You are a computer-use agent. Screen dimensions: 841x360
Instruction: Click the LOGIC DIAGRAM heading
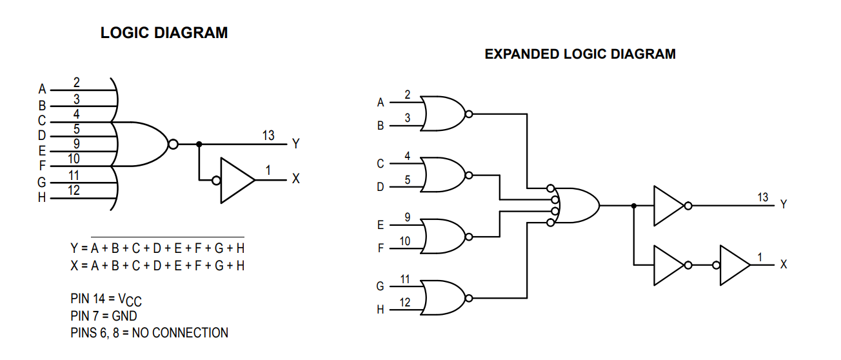[164, 33]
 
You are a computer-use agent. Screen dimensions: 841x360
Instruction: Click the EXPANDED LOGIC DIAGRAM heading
[580, 54]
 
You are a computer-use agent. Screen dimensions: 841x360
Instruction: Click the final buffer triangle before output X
[734, 265]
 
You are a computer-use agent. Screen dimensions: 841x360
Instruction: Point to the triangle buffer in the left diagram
[235, 181]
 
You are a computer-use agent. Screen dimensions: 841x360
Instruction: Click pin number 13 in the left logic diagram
[268, 135]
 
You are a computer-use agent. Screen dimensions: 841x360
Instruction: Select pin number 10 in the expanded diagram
[405, 241]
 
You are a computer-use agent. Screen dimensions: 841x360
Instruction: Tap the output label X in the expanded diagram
[783, 265]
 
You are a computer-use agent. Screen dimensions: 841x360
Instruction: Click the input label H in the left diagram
[42, 197]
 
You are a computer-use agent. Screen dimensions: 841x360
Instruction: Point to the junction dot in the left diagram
[199, 145]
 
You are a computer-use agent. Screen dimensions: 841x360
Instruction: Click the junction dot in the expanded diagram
[634, 206]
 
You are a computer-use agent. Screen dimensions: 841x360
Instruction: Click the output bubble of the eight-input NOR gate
[173, 145]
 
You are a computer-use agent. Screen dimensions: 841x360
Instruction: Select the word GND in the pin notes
[124, 316]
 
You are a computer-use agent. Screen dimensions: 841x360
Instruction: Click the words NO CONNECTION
[180, 333]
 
